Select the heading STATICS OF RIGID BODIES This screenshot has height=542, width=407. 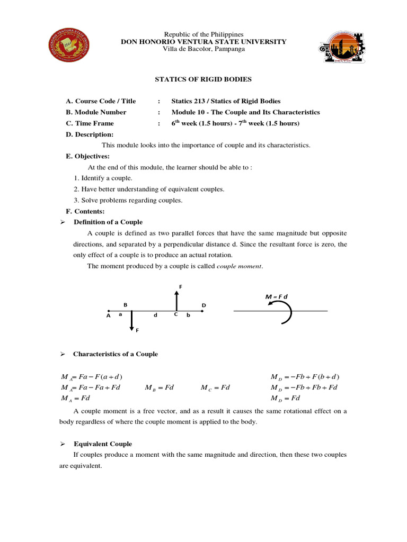[x=203, y=79]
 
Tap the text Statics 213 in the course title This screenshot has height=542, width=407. [x=189, y=101]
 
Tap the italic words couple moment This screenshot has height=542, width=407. [x=239, y=266]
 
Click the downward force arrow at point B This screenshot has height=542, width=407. [x=132, y=321]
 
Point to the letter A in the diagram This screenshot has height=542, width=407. [x=108, y=315]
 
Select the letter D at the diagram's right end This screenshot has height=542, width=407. [x=203, y=306]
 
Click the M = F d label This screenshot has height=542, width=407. [x=277, y=296]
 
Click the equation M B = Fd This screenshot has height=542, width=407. [x=160, y=387]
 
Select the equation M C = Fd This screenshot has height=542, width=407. [x=215, y=387]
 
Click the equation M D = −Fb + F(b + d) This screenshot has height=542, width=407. [x=305, y=377]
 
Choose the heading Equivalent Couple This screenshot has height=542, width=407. [x=102, y=444]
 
